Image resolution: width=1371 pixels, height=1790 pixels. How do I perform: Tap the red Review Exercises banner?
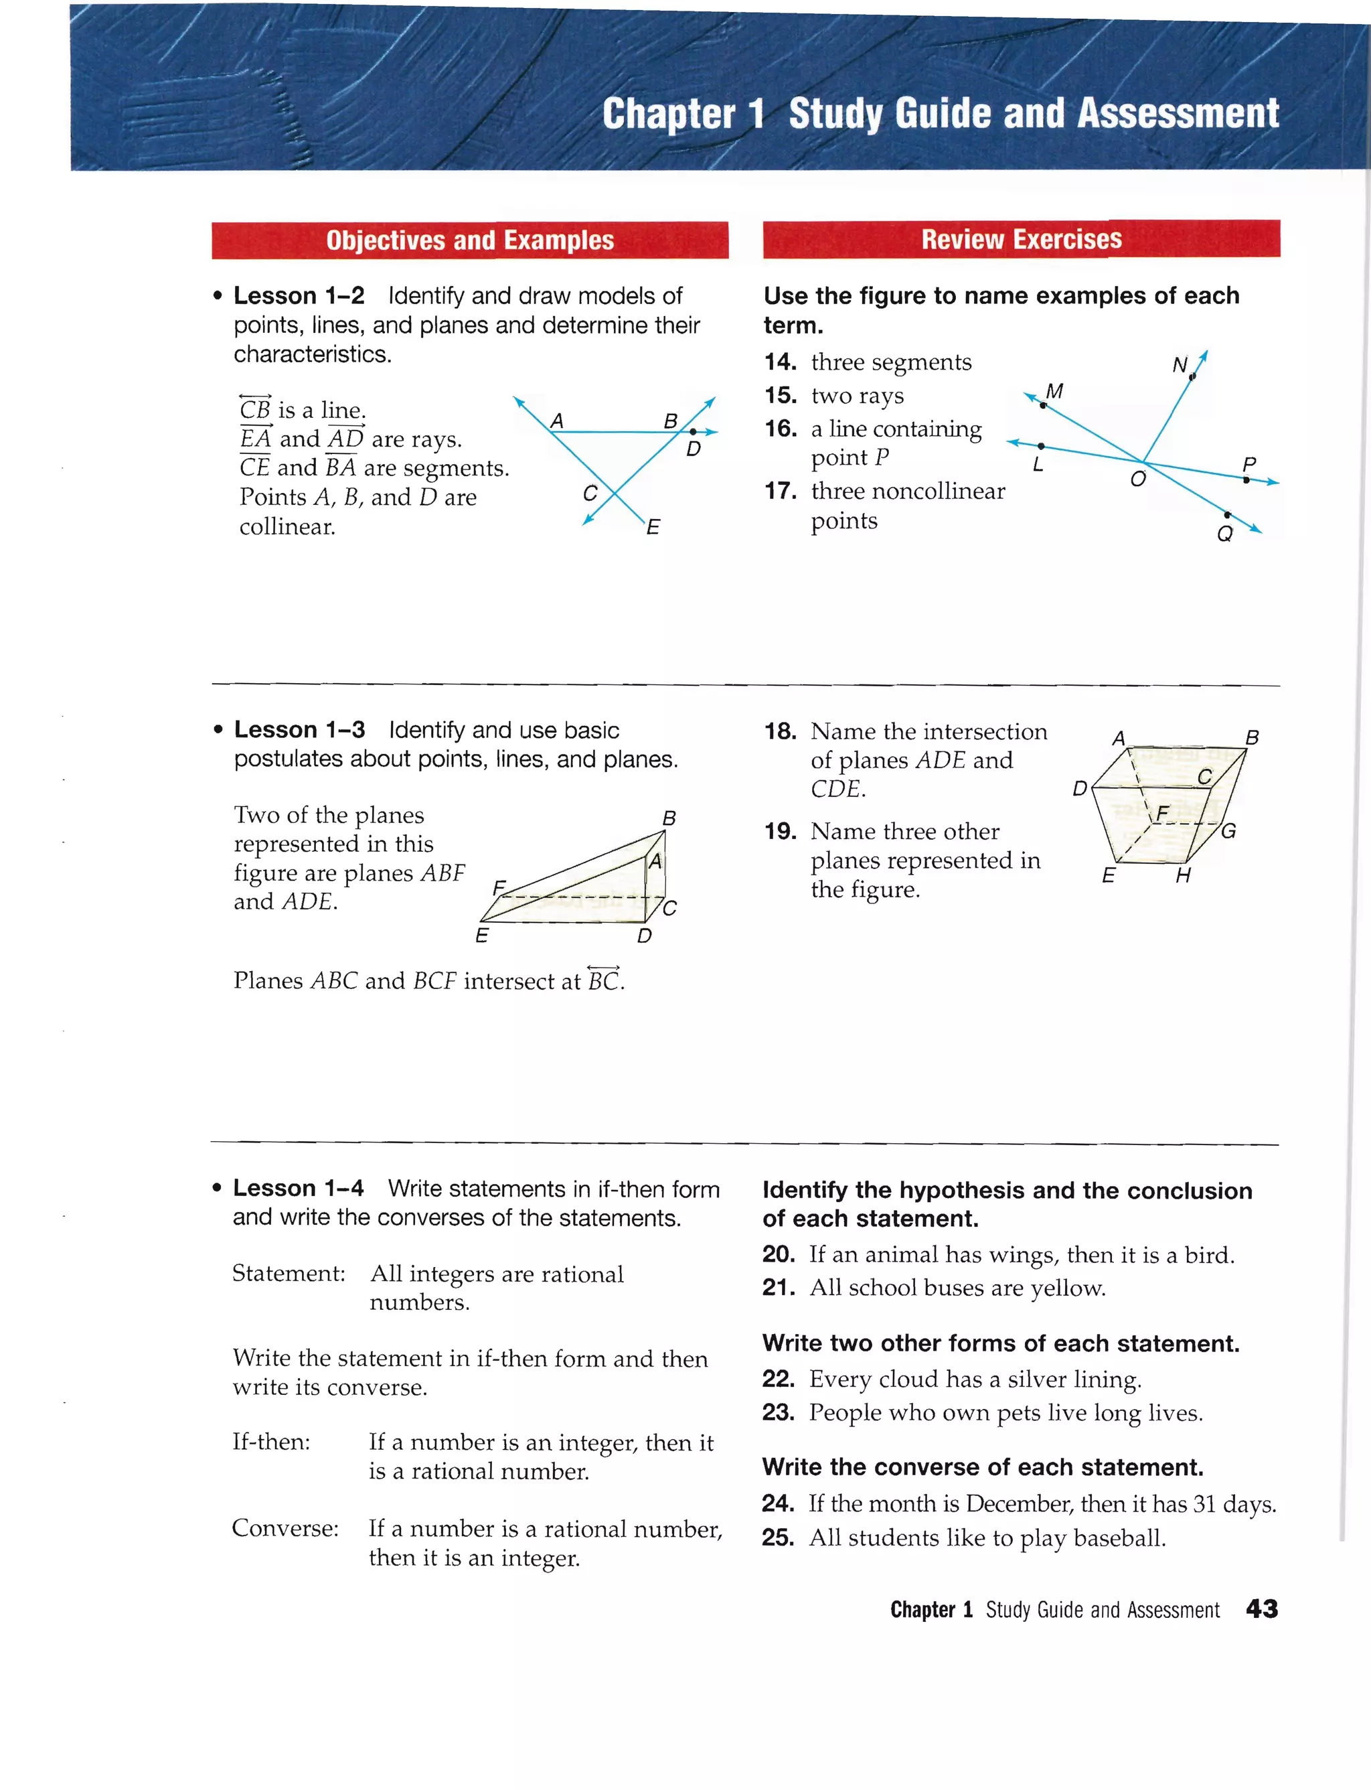tap(1021, 239)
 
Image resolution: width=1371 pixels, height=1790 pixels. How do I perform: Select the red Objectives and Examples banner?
tap(469, 240)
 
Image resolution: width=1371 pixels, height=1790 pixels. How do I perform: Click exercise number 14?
tap(780, 362)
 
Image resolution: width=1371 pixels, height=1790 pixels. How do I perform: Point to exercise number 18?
tap(780, 731)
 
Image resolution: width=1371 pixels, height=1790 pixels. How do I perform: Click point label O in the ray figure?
tap(1137, 479)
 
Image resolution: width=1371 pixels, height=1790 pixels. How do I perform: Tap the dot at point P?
tap(1245, 480)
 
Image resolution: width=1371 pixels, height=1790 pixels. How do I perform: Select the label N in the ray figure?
tap(1180, 365)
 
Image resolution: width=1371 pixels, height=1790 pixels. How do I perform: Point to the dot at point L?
tap(1042, 447)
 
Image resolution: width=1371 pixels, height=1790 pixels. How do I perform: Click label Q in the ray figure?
tap(1224, 534)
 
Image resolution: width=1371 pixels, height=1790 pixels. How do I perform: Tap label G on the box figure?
tap(1228, 831)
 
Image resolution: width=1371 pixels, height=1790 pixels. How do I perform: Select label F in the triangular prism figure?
tap(499, 887)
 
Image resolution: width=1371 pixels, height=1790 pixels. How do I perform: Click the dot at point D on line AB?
tap(693, 432)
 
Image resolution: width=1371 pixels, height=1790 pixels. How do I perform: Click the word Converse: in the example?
tap(285, 1527)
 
